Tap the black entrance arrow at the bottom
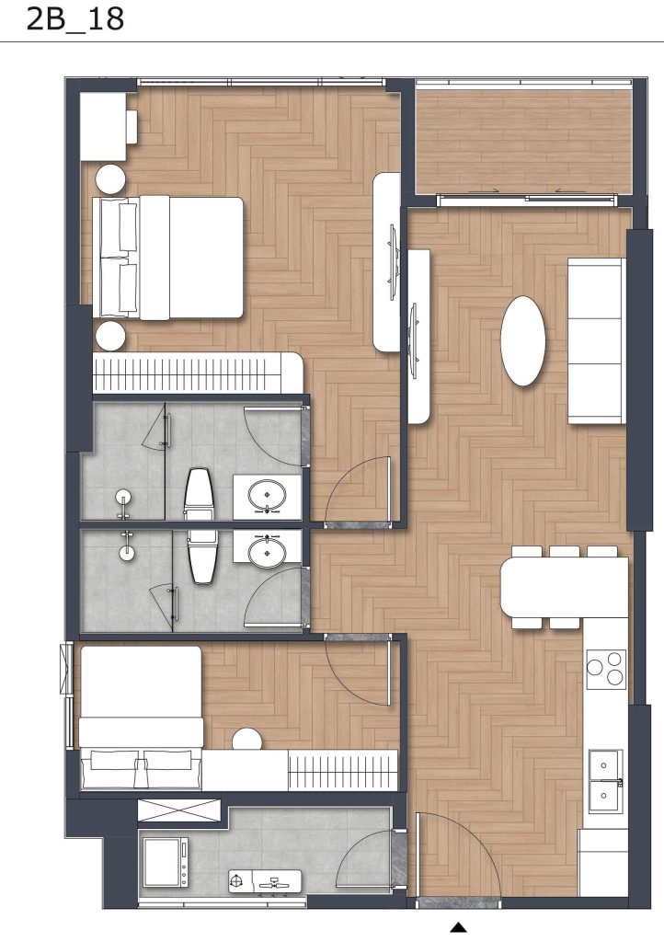click(x=458, y=926)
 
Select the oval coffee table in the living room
click(x=522, y=340)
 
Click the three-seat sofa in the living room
click(x=596, y=341)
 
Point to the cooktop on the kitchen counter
click(x=606, y=668)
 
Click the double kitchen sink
click(x=605, y=781)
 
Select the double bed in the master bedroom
click(x=171, y=258)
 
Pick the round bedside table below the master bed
click(x=111, y=336)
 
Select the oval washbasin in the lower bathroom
click(x=268, y=551)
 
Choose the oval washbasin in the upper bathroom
click(x=268, y=497)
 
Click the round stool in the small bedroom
click(x=247, y=740)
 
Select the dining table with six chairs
click(x=564, y=588)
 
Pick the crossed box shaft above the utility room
click(x=179, y=811)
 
